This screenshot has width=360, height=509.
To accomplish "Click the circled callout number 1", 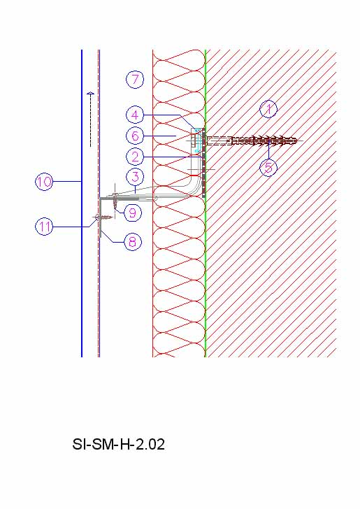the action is pyautogui.click(x=268, y=109).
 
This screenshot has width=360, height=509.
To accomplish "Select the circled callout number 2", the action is pyautogui.click(x=135, y=157).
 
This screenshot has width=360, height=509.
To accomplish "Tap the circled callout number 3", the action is pyautogui.click(x=135, y=177).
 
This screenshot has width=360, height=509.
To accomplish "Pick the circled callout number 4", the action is pyautogui.click(x=135, y=115).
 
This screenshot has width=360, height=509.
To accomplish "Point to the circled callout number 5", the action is pyautogui.click(x=268, y=168).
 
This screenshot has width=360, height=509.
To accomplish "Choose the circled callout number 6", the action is pyautogui.click(x=135, y=136).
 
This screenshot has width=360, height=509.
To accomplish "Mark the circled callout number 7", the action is pyautogui.click(x=135, y=79).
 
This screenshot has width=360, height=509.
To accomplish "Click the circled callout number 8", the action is pyautogui.click(x=133, y=241).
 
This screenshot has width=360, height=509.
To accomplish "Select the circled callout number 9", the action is pyautogui.click(x=133, y=213).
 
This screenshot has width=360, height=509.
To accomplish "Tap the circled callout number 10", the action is pyautogui.click(x=44, y=182).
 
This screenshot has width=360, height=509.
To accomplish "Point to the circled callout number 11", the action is pyautogui.click(x=44, y=227).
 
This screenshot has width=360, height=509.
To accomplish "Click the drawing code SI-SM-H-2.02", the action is pyautogui.click(x=118, y=445).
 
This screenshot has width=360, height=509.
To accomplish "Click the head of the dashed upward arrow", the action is pyautogui.click(x=91, y=94).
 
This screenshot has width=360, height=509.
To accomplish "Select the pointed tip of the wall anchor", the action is pyautogui.click(x=296, y=141).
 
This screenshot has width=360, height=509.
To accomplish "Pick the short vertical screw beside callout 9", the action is pyautogui.click(x=115, y=201).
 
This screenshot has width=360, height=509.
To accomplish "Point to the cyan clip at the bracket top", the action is pyautogui.click(x=196, y=141).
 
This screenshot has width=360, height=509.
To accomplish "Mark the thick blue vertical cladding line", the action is pyautogui.click(x=82, y=203).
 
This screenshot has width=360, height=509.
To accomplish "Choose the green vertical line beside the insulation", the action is pyautogui.click(x=205, y=203).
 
